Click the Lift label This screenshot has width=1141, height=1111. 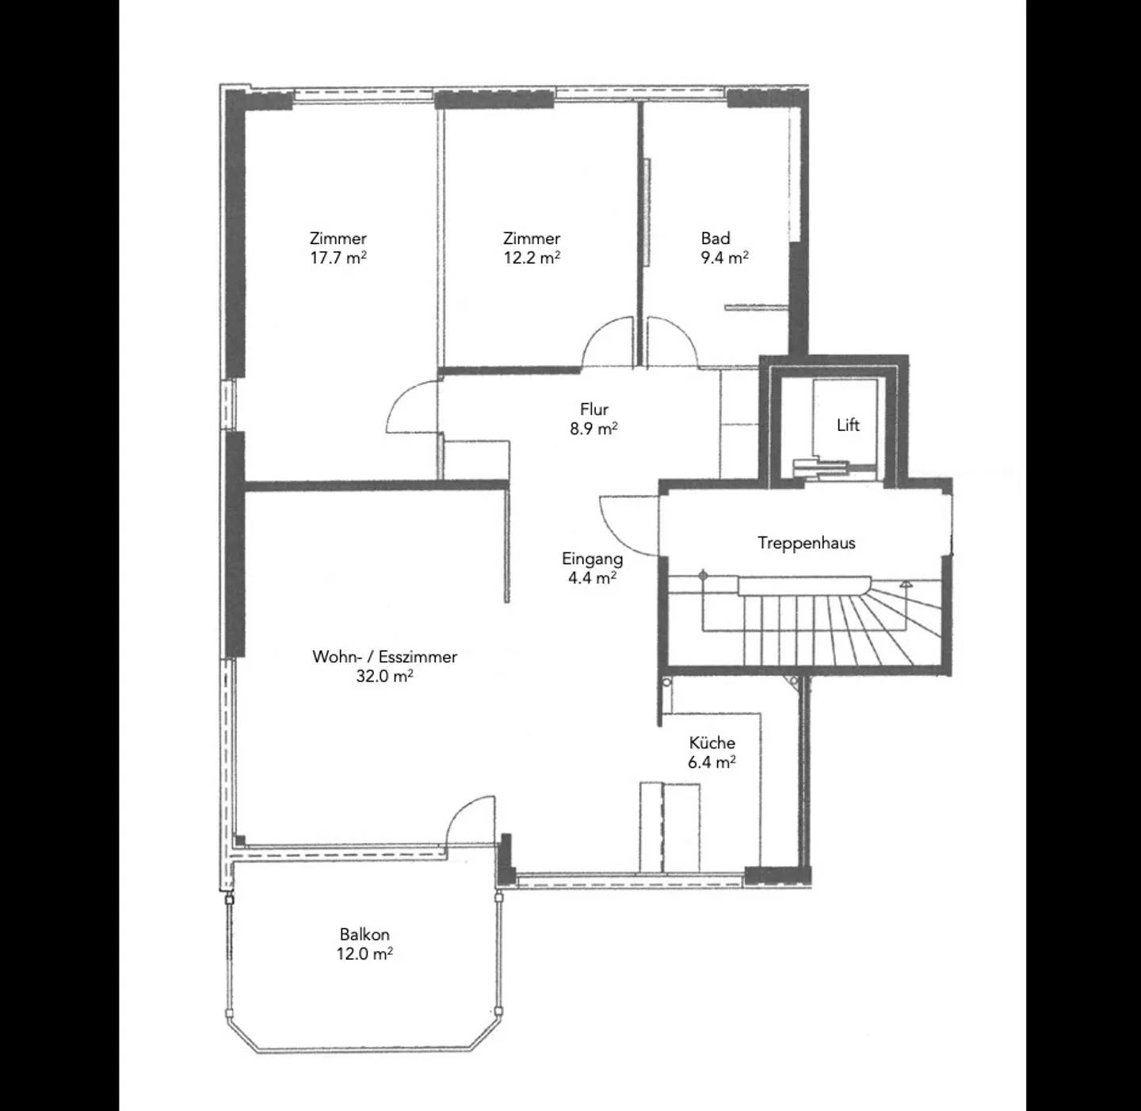848,426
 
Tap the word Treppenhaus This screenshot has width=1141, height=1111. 806,543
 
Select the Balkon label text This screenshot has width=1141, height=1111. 364,934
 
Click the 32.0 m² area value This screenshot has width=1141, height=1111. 384,676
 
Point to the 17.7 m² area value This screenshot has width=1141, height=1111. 338,258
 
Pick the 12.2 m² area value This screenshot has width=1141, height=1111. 532,258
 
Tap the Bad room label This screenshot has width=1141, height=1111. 715,238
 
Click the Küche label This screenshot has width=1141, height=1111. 712,743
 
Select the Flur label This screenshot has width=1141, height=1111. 593,409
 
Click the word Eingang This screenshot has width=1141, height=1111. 592,558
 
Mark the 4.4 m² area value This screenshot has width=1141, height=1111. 592,578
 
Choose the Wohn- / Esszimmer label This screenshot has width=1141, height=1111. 384,656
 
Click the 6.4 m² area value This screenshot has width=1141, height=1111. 712,762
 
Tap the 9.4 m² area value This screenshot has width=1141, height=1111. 724,258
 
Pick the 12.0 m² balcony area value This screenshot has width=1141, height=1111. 364,953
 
